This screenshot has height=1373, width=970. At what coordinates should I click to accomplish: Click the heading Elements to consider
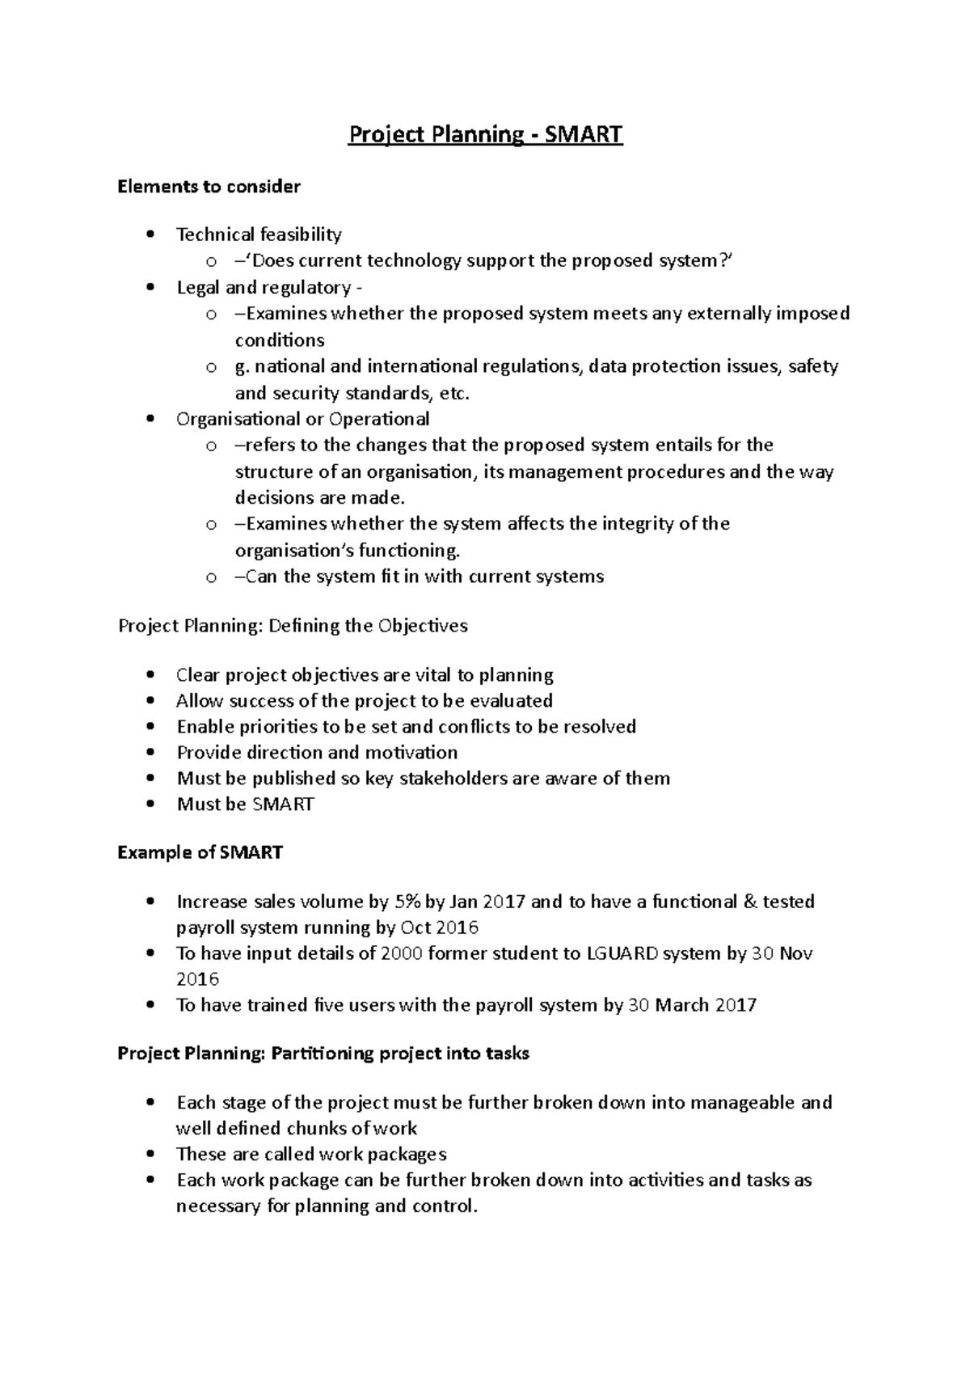tap(209, 187)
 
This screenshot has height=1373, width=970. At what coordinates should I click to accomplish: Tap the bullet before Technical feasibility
tap(150, 234)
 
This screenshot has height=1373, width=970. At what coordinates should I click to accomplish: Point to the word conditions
tap(280, 340)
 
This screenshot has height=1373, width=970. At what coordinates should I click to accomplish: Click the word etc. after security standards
tap(453, 393)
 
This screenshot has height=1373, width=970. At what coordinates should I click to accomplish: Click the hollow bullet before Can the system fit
tap(211, 577)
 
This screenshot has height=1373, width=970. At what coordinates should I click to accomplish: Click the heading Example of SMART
tap(200, 852)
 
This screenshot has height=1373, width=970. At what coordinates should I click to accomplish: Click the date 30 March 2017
tap(692, 1005)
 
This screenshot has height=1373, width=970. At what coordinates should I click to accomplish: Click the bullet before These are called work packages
tap(150, 1154)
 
